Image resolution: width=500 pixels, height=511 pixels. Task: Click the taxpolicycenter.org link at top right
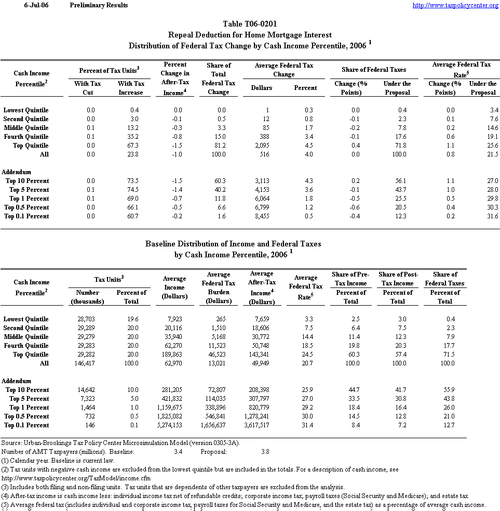click(x=455, y=5)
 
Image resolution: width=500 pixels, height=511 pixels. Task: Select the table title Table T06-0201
click(x=250, y=24)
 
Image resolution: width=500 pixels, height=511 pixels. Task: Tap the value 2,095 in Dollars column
click(x=262, y=146)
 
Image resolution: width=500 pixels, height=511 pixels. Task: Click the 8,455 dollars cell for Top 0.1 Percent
click(x=262, y=216)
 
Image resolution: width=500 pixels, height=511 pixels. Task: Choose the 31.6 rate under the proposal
click(x=491, y=216)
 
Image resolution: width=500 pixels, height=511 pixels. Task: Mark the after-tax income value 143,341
click(x=262, y=355)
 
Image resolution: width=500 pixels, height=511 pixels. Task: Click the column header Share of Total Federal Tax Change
click(x=219, y=78)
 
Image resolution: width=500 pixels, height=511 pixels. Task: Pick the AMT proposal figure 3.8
click(x=265, y=452)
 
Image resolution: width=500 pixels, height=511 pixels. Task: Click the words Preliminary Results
click(x=99, y=5)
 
